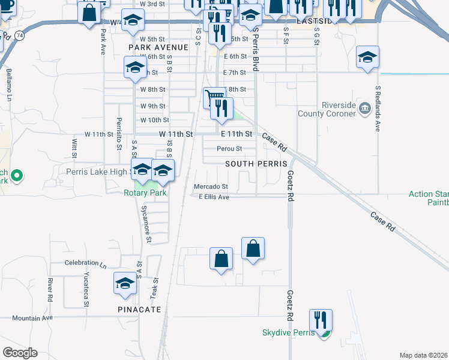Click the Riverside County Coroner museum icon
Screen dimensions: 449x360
[364, 109]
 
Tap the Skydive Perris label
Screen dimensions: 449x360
[288, 333]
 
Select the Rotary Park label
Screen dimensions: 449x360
[145, 193]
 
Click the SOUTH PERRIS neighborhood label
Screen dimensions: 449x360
[252, 164]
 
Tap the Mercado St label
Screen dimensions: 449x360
[211, 187]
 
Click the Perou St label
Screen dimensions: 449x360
[229, 149]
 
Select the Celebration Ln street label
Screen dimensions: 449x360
[85, 263]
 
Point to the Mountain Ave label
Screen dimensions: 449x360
[32, 317]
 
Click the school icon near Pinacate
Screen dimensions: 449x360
[125, 283]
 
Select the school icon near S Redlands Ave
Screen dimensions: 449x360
[367, 57]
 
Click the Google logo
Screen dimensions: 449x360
[20, 353]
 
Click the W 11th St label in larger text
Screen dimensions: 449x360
[176, 134]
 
